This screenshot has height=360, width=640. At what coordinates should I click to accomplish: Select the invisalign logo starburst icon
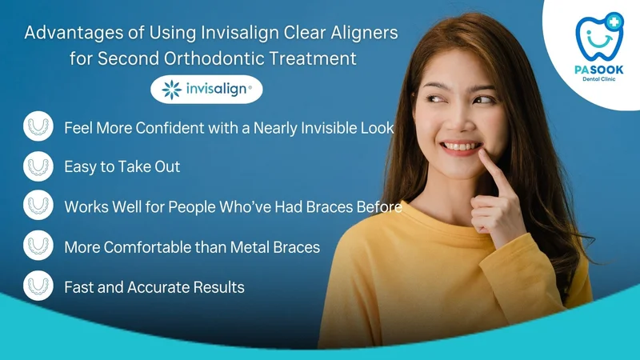(x=171, y=90)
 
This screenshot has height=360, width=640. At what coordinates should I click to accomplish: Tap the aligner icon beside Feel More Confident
(x=38, y=126)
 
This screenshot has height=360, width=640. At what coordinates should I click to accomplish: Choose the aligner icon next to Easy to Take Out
(x=38, y=166)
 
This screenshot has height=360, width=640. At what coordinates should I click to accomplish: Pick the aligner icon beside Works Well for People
(x=38, y=205)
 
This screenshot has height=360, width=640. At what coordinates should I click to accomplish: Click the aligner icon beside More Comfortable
(x=38, y=246)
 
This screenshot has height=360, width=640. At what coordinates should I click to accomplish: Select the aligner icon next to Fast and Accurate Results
(x=38, y=286)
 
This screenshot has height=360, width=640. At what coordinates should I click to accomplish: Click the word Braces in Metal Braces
(x=296, y=247)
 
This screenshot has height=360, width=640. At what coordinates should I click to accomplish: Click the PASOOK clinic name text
(x=599, y=70)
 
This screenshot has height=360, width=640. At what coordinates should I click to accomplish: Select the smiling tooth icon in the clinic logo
(x=599, y=37)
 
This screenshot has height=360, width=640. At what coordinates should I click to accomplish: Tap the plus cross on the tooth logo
(x=614, y=22)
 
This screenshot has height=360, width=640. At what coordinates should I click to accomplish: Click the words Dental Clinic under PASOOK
(x=598, y=79)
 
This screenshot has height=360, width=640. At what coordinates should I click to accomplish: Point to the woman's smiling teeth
(x=462, y=146)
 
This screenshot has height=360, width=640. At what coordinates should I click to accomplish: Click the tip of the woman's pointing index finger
(x=482, y=152)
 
